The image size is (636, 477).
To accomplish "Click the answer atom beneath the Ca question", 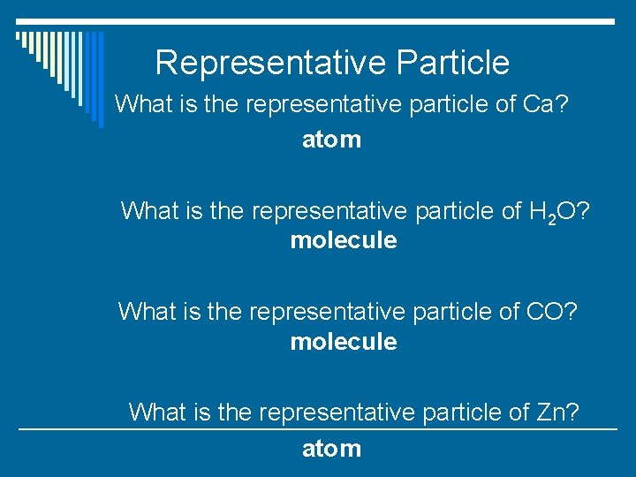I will (x=331, y=140).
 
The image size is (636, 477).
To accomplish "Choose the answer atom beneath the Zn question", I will (x=331, y=449).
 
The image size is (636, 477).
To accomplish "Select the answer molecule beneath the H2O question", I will (x=344, y=240).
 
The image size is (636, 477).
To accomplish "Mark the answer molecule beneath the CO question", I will (x=344, y=342).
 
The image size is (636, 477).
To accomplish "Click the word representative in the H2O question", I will (x=329, y=211).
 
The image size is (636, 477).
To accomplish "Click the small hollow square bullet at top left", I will (x=19, y=36).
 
